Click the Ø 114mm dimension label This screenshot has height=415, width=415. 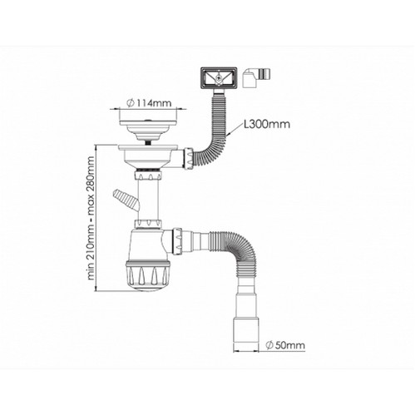click(x=148, y=103)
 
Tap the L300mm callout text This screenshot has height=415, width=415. click(x=267, y=124)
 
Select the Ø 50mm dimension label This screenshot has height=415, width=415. click(x=285, y=345)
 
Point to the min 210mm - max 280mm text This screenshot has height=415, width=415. click(x=91, y=218)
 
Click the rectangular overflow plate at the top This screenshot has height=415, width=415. click(x=219, y=78)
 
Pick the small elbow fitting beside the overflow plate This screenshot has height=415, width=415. click(x=256, y=79)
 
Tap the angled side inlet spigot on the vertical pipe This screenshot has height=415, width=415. click(x=126, y=199)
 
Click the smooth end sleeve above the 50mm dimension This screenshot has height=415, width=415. click(x=245, y=331)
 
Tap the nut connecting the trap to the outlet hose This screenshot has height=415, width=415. click(x=177, y=241)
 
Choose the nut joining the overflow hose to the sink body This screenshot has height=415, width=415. click(x=190, y=159)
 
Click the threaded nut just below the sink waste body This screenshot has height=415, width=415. click(x=148, y=175)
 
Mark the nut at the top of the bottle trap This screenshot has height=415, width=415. click(x=148, y=224)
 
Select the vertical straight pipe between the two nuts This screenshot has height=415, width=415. click(x=148, y=200)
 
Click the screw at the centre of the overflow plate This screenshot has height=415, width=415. click(x=219, y=77)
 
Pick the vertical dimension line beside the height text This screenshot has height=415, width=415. click(x=96, y=218)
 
